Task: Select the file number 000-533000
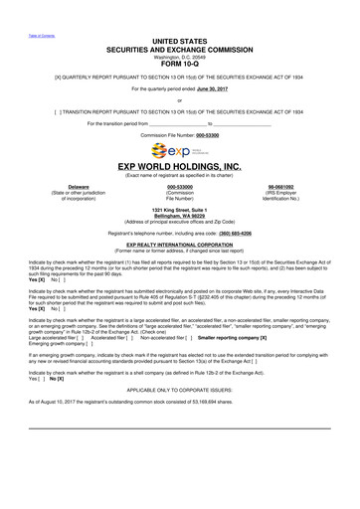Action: click(x=179, y=186)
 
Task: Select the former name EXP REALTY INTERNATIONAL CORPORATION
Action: click(x=179, y=243)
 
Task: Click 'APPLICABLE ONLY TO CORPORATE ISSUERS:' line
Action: click(x=179, y=390)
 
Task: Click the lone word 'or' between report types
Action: click(x=179, y=98)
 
